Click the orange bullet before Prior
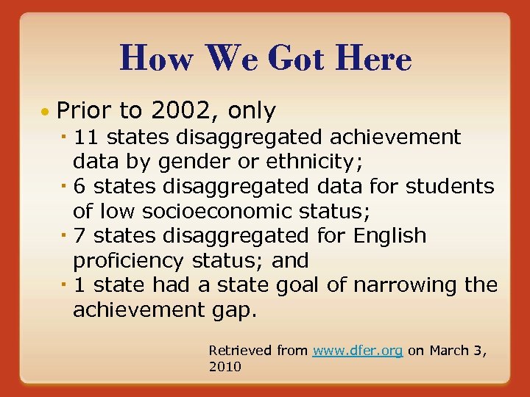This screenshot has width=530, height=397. click(x=46, y=112)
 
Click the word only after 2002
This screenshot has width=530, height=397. click(x=252, y=111)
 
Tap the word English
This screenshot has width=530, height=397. click(x=389, y=236)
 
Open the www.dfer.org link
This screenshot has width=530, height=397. click(x=357, y=351)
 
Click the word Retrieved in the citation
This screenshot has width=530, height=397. click(x=241, y=351)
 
